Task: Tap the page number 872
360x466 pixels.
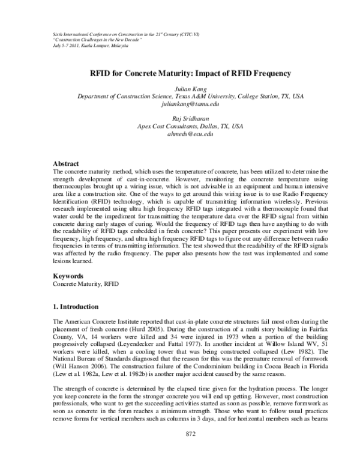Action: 190,451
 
